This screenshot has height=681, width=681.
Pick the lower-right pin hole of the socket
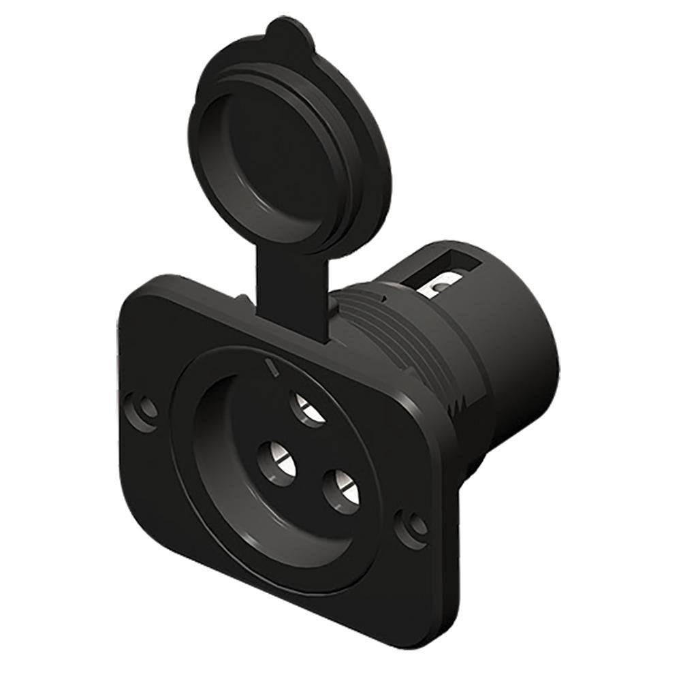pos(338,490)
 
